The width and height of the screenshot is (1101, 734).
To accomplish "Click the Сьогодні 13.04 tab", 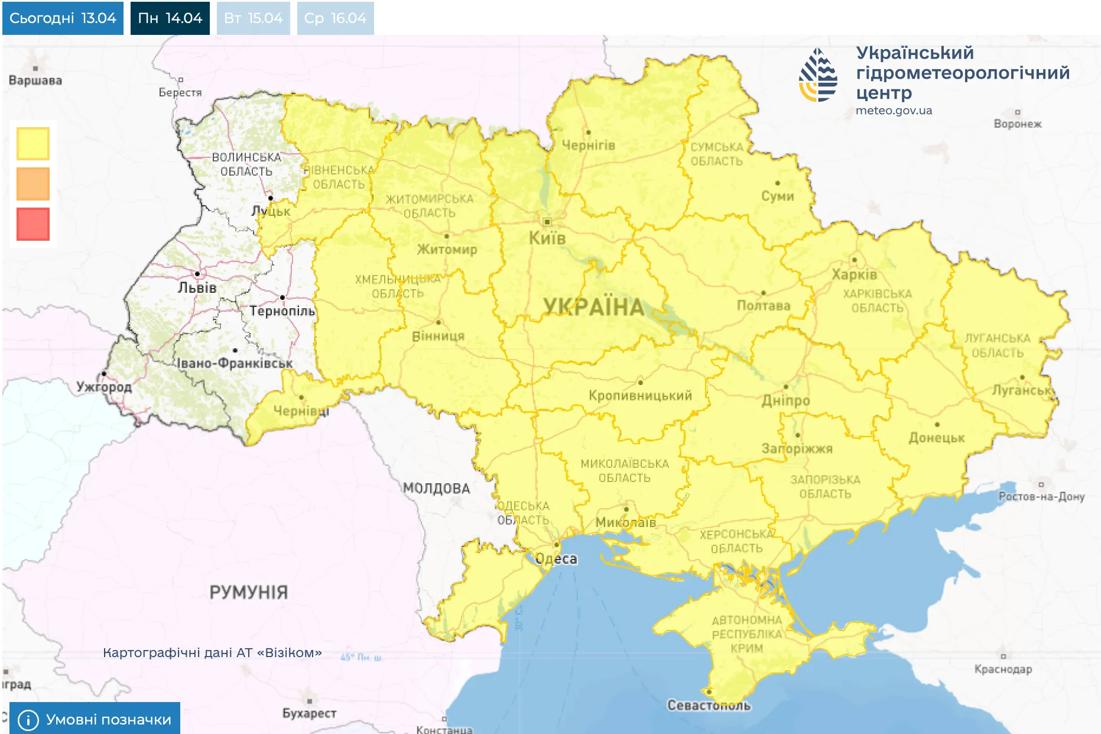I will (63, 18).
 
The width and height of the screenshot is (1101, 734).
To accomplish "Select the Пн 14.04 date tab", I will (170, 18).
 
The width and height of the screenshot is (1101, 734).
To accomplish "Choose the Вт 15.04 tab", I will (253, 18).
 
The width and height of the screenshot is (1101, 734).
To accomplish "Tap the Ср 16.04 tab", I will (335, 18).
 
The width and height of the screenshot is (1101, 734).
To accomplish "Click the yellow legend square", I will (33, 144).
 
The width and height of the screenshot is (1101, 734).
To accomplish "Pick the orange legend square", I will (33, 184).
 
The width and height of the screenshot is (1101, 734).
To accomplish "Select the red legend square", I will (33, 224).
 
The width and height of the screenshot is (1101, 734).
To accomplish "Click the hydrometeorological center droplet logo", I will (819, 75).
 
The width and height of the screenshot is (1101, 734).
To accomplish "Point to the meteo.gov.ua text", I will (894, 111).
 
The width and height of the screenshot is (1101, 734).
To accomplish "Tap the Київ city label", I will (547, 238).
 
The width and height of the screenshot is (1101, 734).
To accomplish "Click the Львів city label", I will (197, 288).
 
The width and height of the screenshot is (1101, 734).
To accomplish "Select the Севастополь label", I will (709, 705).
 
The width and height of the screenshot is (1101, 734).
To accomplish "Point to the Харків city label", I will (854, 274).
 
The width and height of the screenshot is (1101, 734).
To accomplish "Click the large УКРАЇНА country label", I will (593, 307).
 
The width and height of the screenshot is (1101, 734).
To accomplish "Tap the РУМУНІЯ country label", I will (248, 592).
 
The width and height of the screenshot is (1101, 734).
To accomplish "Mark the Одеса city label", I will (556, 559).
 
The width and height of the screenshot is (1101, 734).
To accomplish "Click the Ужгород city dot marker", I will (104, 374).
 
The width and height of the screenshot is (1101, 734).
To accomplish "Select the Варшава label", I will (35, 80).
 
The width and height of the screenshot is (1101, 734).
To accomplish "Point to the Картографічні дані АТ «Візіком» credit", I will (212, 653).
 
